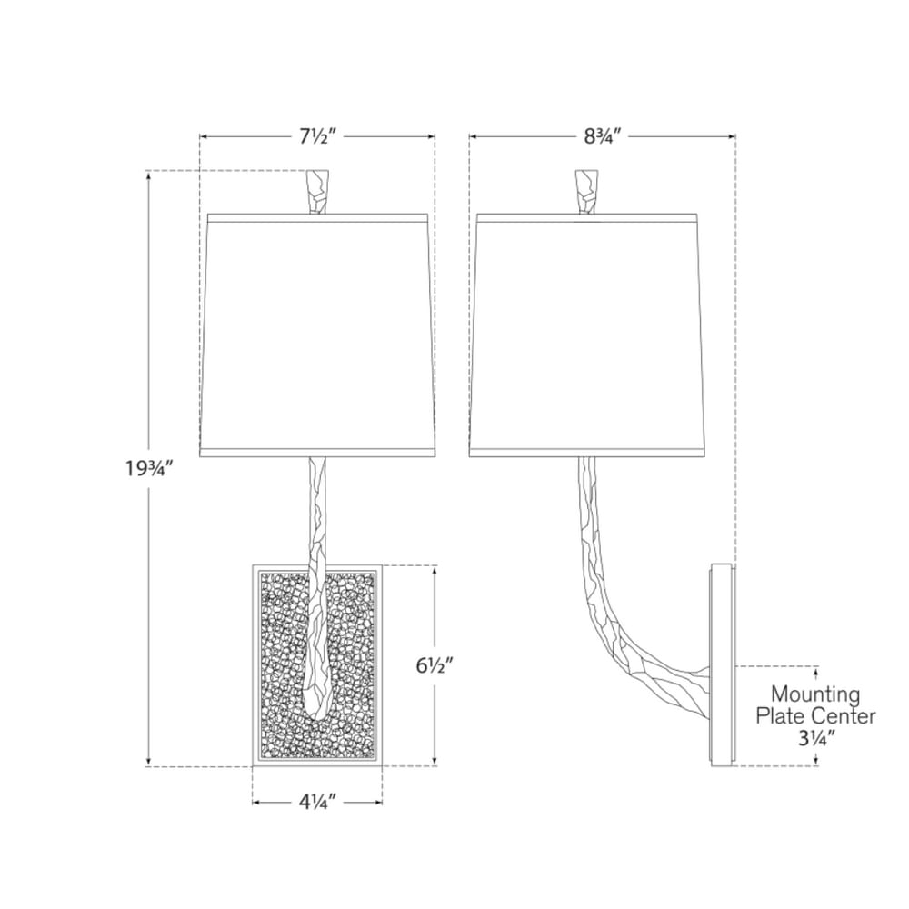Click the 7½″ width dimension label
tap(317, 137)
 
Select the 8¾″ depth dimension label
tap(603, 137)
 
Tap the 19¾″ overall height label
tap(150, 467)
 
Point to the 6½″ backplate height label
tap(434, 666)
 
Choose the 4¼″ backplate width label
tap(317, 803)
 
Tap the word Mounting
tap(815, 694)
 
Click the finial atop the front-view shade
tap(317, 191)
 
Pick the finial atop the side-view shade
tap(586, 191)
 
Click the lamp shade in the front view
tap(317, 335)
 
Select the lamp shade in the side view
tap(586, 335)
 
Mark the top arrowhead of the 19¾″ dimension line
tap(150, 175)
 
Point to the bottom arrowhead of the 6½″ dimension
tap(435, 762)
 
